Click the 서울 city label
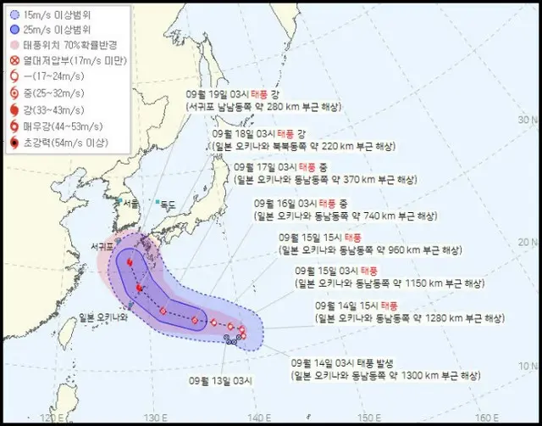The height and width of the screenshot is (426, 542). pos(129,205)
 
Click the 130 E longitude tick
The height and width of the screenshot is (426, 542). pos(153,418)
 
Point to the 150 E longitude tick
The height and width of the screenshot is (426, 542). pos(367,418)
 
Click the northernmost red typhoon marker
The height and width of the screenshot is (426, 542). pos(130,263)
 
